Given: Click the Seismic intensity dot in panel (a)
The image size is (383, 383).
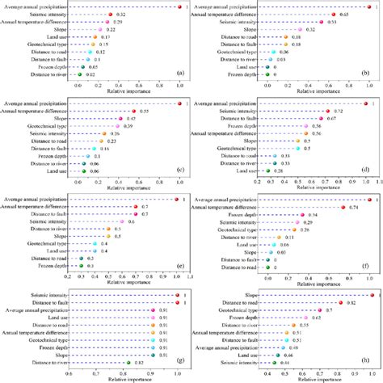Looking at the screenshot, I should (x=109, y=15).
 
